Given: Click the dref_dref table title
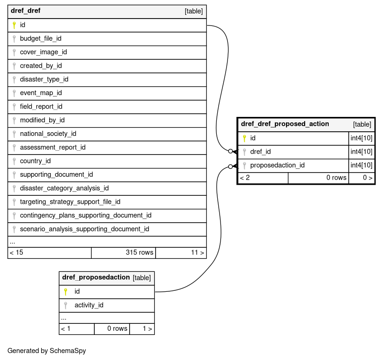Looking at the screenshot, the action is pos(26,11).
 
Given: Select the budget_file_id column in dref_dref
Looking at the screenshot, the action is pos(40,39).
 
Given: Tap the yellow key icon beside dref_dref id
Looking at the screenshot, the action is pos(14,25).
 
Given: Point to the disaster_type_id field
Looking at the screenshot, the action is pos(44,79).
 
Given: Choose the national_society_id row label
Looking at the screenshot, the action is pos(48,134).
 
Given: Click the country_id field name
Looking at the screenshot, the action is pos(35,161).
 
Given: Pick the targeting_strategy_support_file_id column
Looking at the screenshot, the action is pos(70,202).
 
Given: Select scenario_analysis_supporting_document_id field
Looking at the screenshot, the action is pos(84,229).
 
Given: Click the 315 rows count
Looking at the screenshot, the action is pos(139,252).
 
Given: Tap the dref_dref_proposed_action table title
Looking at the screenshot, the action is pos(285,124).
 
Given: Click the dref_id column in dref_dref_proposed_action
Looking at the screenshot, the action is pos(260,152).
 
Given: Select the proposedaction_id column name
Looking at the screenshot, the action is pos(277,166).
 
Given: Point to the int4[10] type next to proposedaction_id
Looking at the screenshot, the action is pos(361,166).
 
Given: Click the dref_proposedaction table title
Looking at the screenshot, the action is pos(96,277).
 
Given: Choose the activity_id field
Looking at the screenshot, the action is pos(89,305).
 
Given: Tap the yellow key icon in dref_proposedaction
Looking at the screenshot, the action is pos(65,292).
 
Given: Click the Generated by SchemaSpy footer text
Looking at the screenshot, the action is pos(46,351).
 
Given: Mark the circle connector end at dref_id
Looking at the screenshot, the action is pos(230,151).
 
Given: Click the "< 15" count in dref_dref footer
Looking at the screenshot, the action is pos(16,252).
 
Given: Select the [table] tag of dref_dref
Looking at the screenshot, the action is pos(194,11).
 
